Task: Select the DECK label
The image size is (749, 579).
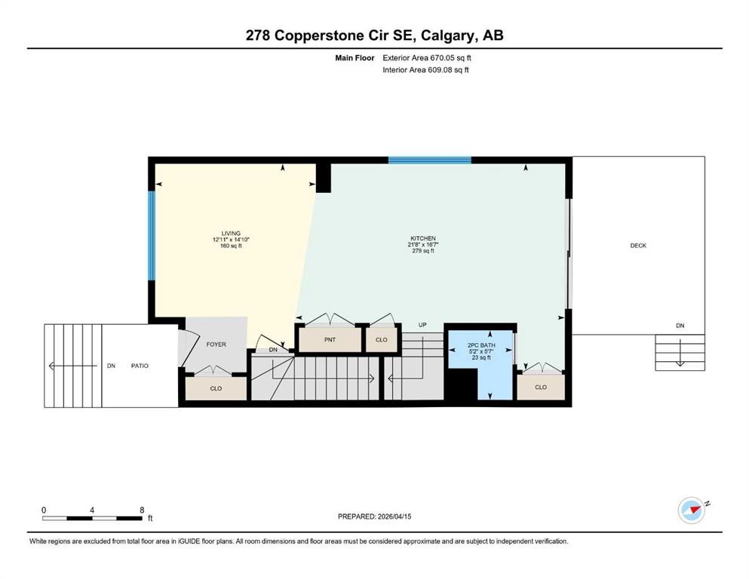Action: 638,246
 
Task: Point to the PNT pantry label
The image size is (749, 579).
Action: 330,340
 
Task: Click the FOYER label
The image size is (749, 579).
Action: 216,345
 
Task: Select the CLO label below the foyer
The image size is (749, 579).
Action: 216,389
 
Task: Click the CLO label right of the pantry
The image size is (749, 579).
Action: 382,340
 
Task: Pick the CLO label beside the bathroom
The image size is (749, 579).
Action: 540,387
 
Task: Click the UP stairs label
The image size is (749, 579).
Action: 422,325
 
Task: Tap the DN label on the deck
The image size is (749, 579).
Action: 680,326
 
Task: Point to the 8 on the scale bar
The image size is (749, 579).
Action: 142,510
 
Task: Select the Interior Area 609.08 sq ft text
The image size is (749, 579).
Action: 426,70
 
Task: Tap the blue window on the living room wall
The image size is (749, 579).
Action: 152,234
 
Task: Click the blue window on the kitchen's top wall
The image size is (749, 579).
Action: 429,160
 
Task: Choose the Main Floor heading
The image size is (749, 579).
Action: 355,57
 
